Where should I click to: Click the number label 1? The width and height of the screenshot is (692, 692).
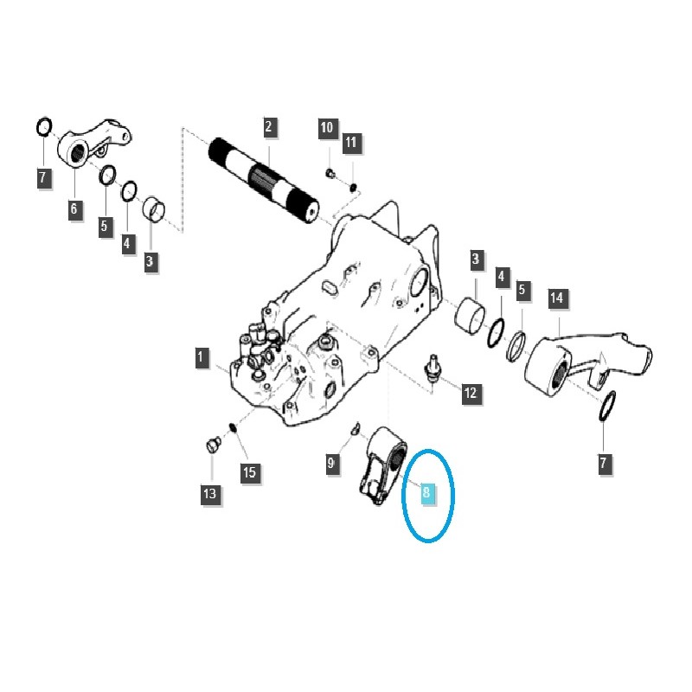[x=201, y=357]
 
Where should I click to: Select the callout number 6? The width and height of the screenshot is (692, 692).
[x=74, y=208]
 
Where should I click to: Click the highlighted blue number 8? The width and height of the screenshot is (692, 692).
[x=426, y=493]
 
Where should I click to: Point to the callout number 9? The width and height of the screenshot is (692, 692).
[x=331, y=465]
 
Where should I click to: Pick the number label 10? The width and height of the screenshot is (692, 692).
[x=326, y=129]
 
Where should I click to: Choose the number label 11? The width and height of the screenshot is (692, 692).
[x=350, y=142]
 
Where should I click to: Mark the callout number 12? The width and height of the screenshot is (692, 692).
[x=470, y=394]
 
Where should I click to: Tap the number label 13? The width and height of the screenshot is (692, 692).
[x=210, y=494]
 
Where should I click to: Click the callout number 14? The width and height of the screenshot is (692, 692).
[x=557, y=299]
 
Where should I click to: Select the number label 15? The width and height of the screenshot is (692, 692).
[x=249, y=472]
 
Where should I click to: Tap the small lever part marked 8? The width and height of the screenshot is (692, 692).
[x=381, y=467]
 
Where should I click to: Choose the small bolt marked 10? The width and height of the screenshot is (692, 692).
[x=330, y=172]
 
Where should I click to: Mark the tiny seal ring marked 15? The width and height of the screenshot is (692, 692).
[x=232, y=426]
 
